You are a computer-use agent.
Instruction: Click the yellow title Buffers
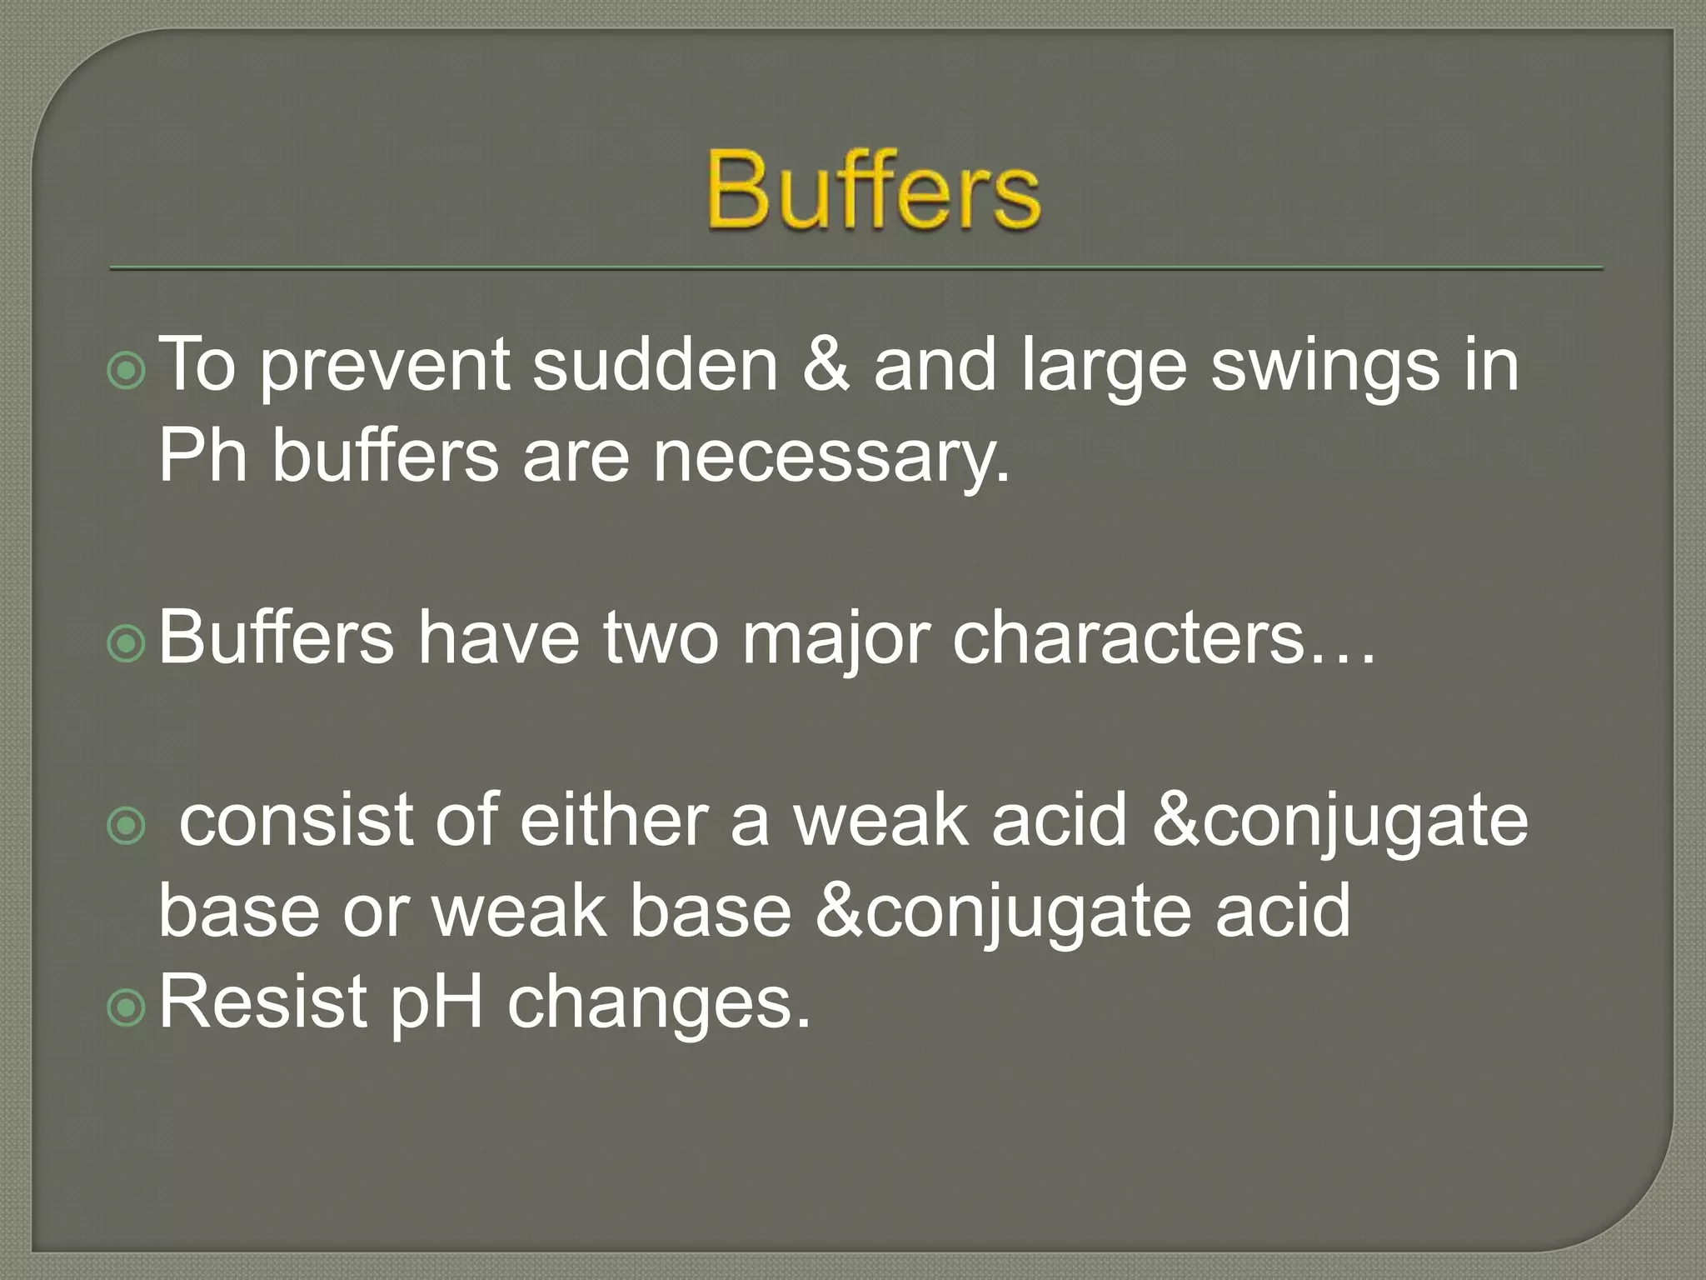(x=873, y=190)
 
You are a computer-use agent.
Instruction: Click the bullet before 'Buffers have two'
(x=127, y=643)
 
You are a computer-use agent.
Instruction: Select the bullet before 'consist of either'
(x=127, y=826)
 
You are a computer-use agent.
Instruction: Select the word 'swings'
(x=1324, y=367)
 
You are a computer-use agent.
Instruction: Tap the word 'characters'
(x=1129, y=638)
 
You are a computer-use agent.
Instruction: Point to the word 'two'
(x=660, y=638)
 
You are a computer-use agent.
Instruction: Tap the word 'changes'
(x=658, y=1003)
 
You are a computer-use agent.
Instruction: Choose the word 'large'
(x=1103, y=367)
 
